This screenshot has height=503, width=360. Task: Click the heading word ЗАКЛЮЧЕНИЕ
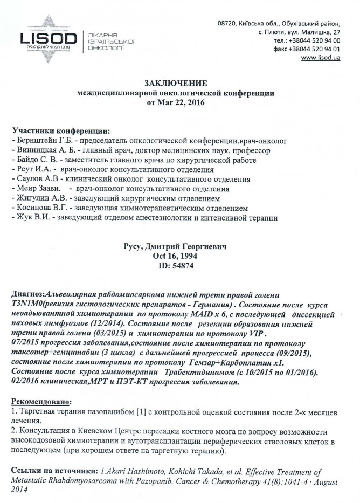[175, 83]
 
